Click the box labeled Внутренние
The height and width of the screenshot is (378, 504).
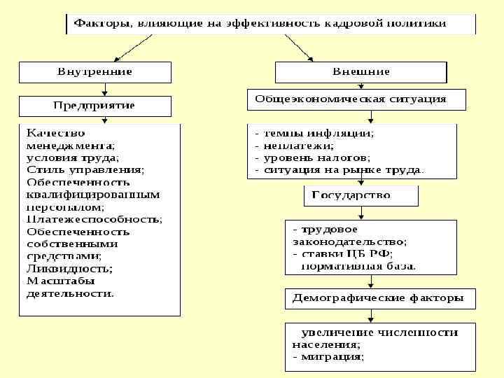click(x=94, y=72)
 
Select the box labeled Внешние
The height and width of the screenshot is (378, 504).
click(x=361, y=72)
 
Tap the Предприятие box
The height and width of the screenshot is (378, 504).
click(x=94, y=106)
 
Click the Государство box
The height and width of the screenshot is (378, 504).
click(x=360, y=195)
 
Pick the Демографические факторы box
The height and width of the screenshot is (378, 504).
click(x=378, y=298)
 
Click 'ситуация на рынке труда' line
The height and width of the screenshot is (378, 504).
click(x=343, y=170)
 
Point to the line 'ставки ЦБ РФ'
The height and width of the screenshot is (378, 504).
click(x=346, y=253)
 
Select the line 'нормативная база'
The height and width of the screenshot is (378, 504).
click(x=358, y=266)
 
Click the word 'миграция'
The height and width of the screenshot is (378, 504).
click(x=332, y=357)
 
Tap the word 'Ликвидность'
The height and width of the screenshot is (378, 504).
click(x=69, y=269)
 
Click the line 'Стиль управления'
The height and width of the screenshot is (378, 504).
click(x=85, y=169)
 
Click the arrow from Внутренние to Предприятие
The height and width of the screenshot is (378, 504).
click(x=104, y=90)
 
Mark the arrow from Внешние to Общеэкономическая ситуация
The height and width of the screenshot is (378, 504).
click(x=360, y=86)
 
